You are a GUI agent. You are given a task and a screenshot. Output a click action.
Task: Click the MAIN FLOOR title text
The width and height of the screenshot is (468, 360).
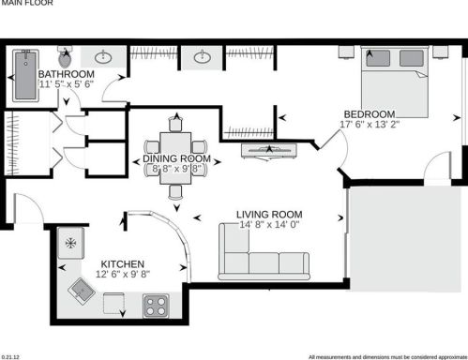tap(20, 4)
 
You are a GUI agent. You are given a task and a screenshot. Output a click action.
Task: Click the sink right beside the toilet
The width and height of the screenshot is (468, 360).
tap(101, 57)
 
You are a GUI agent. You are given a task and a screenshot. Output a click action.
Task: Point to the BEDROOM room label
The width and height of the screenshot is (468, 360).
tap(369, 113)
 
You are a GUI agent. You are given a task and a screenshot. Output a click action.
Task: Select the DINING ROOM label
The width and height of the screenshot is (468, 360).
tap(175, 158)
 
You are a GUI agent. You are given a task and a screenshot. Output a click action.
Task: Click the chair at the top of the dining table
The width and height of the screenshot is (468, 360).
tap(175, 124)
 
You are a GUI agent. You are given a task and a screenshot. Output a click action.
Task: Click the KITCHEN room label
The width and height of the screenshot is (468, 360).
tap(121, 264)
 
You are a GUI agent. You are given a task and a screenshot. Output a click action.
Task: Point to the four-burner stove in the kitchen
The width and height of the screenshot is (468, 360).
tap(155, 306)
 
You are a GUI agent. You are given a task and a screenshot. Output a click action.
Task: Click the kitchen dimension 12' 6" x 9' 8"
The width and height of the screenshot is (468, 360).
tap(122, 276)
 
